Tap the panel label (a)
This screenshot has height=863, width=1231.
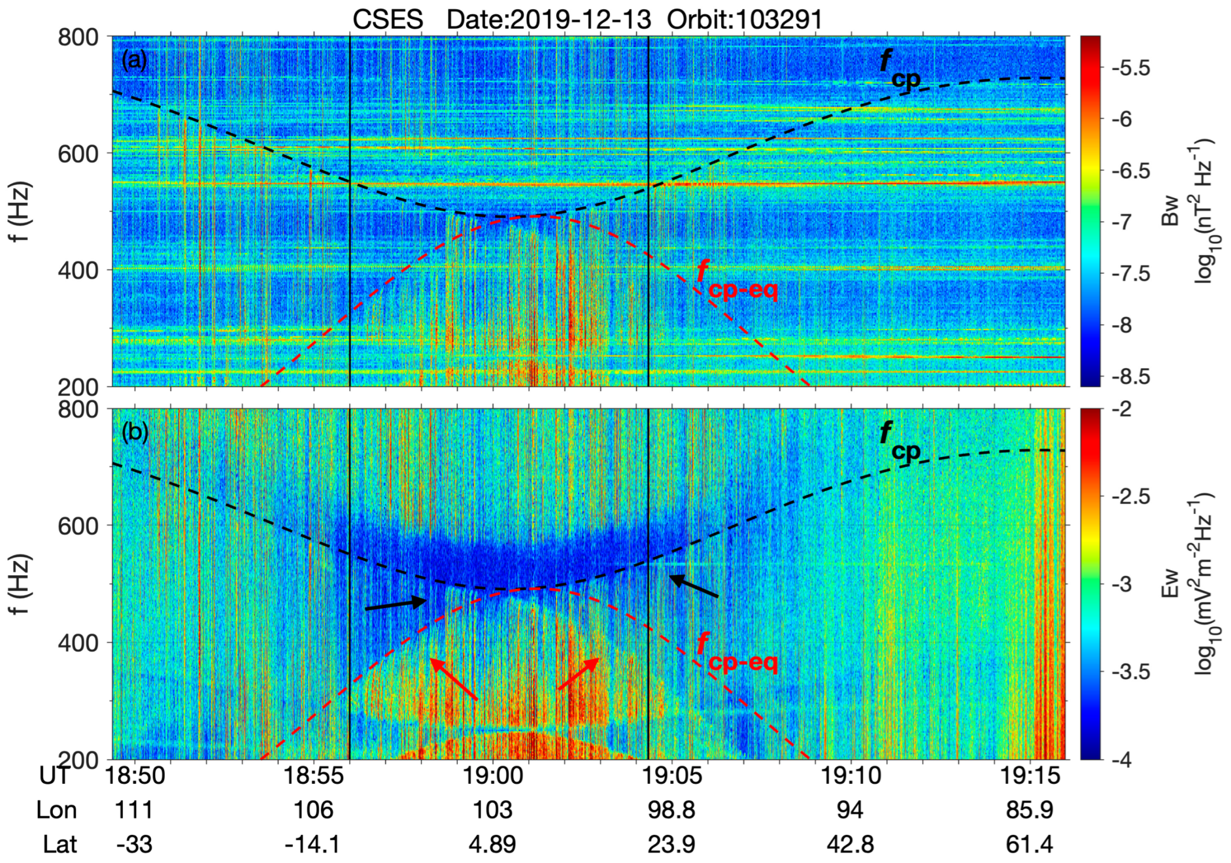(134, 61)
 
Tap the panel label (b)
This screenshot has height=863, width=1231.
(134, 433)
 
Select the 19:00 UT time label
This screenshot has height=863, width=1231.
(492, 775)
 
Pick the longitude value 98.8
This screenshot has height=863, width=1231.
(671, 810)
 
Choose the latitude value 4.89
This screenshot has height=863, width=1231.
(492, 844)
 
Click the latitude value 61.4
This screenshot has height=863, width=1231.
(1029, 844)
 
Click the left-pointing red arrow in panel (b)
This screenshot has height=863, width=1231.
(453, 678)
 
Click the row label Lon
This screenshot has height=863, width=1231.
(56, 810)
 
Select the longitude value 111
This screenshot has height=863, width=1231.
(134, 810)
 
